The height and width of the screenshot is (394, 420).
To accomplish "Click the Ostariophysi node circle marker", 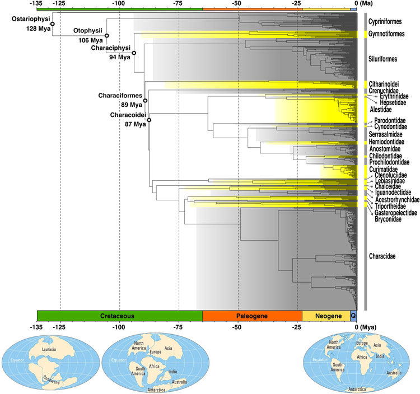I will (52, 24).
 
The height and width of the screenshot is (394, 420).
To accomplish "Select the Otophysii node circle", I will (106, 35).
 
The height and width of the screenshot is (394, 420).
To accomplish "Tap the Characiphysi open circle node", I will (134, 53).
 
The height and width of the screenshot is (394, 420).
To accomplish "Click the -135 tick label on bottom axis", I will (37, 327).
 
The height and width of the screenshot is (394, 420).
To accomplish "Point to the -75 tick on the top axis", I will (179, 3).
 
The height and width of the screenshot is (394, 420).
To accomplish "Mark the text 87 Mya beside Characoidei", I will (136, 124).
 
